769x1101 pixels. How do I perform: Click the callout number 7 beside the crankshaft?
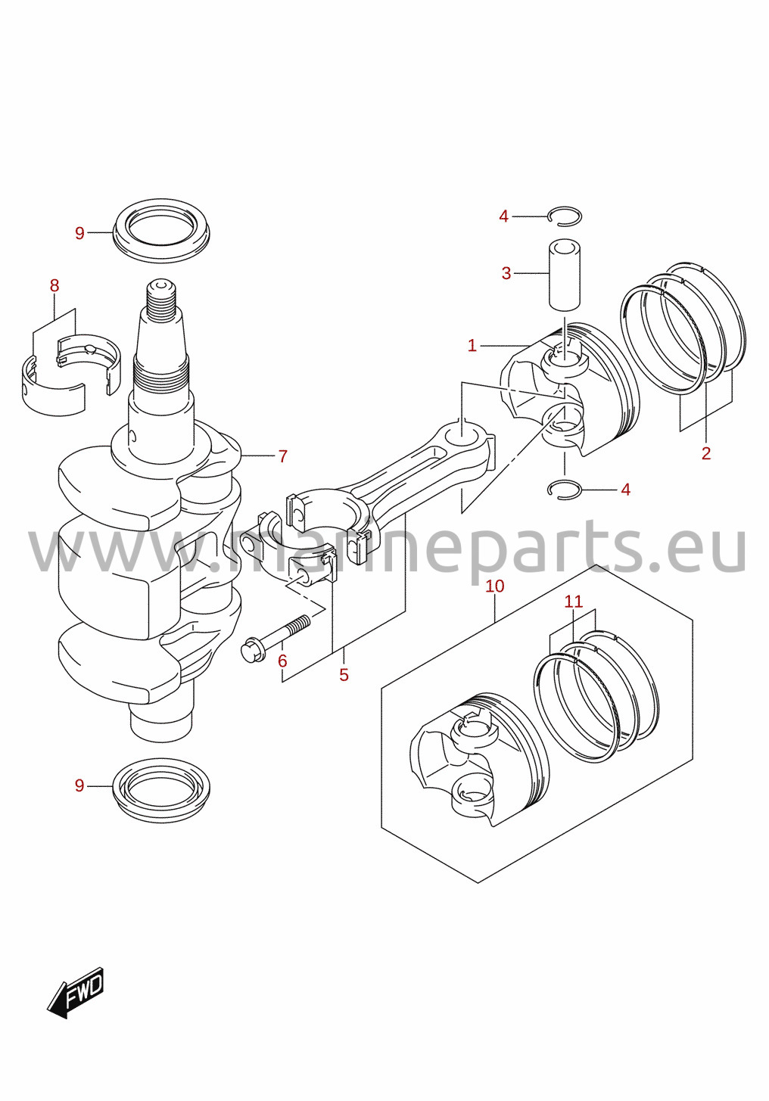283,456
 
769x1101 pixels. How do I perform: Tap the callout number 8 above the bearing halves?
54,285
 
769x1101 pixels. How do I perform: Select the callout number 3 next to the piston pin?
506,273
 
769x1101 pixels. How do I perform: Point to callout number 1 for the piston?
472,346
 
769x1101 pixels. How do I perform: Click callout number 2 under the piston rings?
706,453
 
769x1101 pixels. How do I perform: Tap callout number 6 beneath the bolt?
282,661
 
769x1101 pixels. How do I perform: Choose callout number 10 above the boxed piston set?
495,586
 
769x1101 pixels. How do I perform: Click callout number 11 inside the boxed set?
574,602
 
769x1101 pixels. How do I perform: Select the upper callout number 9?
79,233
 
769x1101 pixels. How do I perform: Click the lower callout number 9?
79,786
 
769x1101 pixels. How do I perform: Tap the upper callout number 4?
503,216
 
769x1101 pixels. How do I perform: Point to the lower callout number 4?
625,490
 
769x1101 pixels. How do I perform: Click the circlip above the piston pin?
565,207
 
